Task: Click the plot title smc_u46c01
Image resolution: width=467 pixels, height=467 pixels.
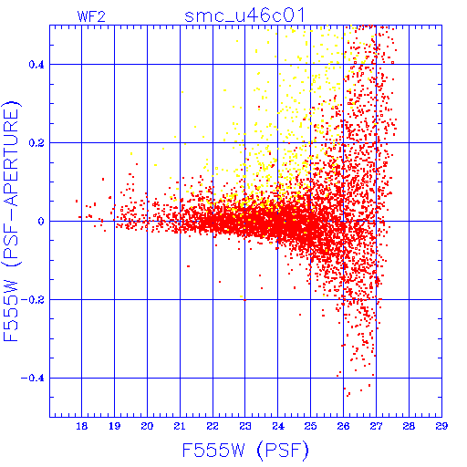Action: pos(244,16)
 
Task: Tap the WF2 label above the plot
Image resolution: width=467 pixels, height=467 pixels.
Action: pos(91,16)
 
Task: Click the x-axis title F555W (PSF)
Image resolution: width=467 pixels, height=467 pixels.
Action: pos(245,450)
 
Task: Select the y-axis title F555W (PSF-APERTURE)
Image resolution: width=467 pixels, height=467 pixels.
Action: pos(11,221)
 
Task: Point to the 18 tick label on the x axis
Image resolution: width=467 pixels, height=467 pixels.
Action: pos(81,426)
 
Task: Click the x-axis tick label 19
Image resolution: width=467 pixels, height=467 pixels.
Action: pos(114,426)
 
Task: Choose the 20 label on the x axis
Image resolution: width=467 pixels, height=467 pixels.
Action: pos(147,426)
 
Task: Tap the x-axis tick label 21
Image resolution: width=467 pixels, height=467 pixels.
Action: pos(180,426)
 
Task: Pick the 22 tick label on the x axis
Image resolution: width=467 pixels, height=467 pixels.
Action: pos(213,426)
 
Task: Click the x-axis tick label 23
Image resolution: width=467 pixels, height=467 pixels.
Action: pos(245,426)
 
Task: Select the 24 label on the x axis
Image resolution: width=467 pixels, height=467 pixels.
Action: pos(278,426)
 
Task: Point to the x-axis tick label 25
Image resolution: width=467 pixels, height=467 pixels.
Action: pos(310,426)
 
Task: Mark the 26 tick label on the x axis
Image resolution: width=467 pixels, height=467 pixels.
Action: pos(343,426)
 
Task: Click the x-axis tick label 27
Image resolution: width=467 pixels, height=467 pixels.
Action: pos(376,426)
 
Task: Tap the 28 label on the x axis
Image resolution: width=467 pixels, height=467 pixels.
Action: pos(409,426)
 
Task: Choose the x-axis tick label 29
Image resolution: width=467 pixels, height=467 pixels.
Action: pos(441,426)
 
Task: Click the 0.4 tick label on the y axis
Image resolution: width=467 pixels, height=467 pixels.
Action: pos(36,65)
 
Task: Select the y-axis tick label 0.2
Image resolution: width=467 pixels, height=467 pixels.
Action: pos(36,143)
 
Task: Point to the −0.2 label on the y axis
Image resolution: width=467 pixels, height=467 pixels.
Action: pos(33,300)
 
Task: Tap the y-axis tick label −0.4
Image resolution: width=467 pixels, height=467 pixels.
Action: pos(33,379)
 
